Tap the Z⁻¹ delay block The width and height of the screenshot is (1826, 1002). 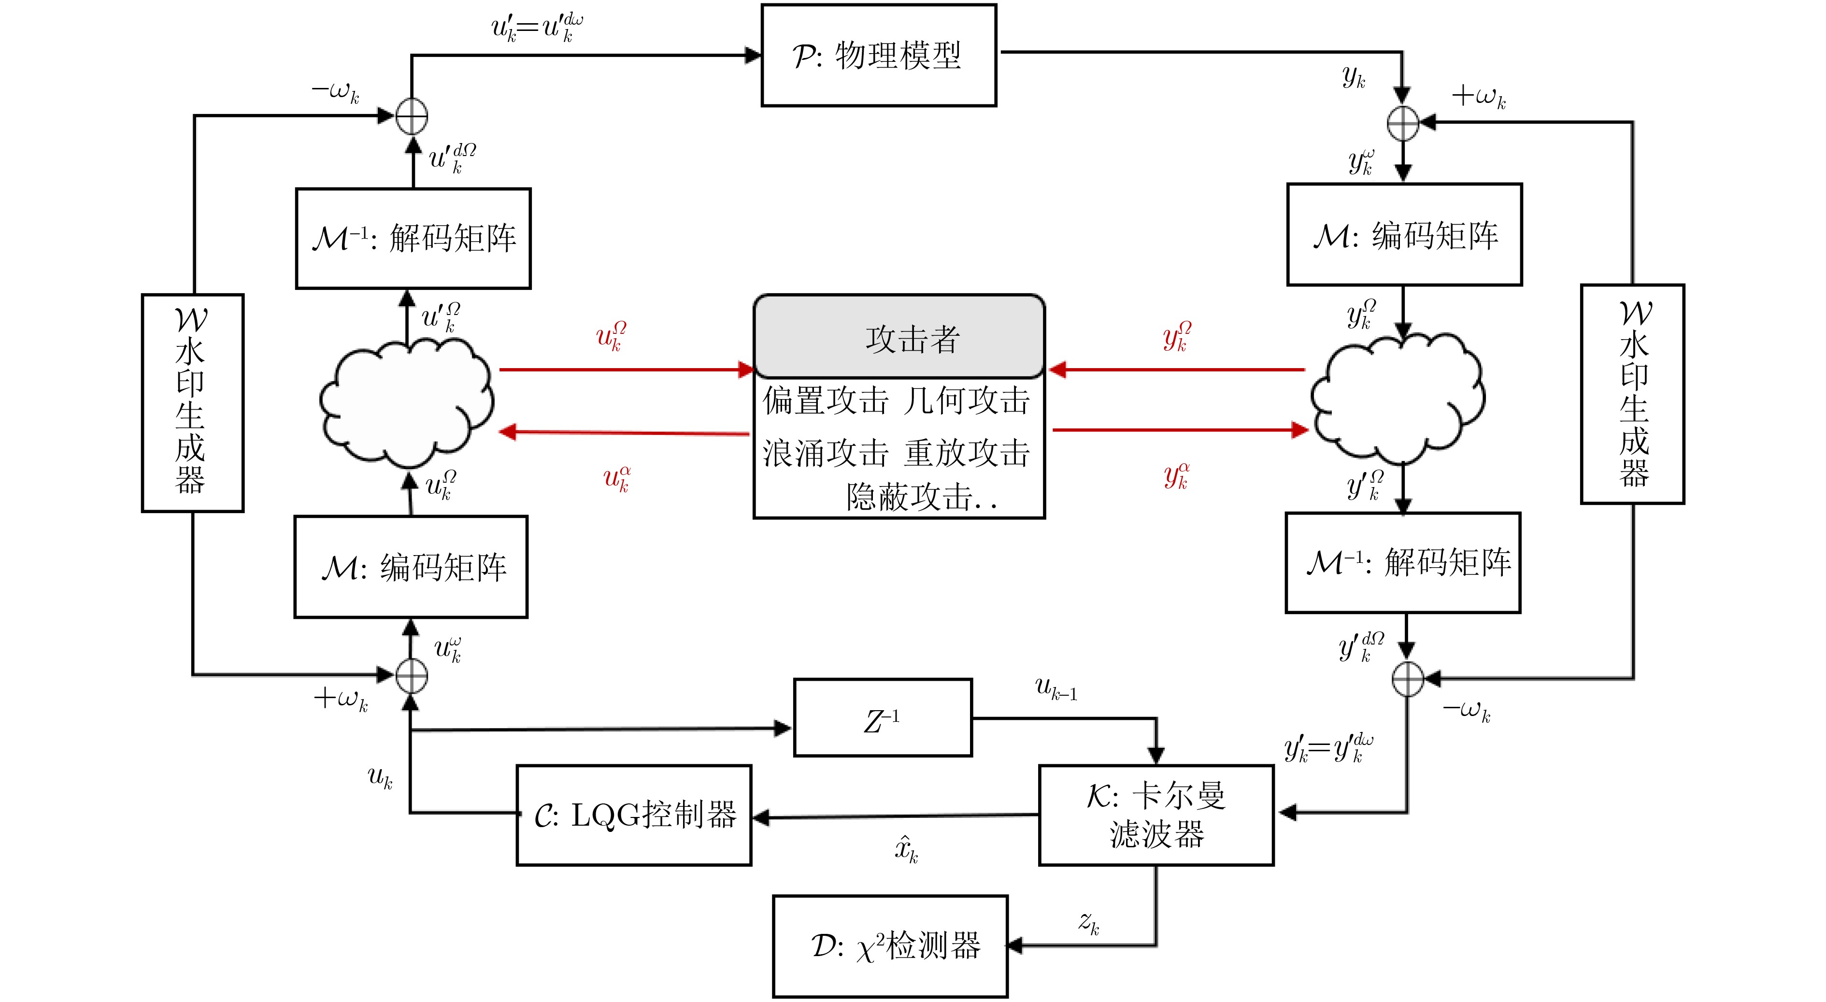pos(883,717)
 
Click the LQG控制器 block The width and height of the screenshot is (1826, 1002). pos(634,815)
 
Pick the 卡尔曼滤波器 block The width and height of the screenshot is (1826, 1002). pos(1156,815)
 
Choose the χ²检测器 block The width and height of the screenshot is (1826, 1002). pos(890,946)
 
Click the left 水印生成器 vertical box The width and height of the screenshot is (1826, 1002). pos(192,403)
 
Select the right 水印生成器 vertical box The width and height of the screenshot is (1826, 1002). pos(1632,394)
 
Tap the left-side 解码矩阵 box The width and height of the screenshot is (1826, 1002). pos(413,238)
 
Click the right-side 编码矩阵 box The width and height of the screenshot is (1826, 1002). pos(1404,235)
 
